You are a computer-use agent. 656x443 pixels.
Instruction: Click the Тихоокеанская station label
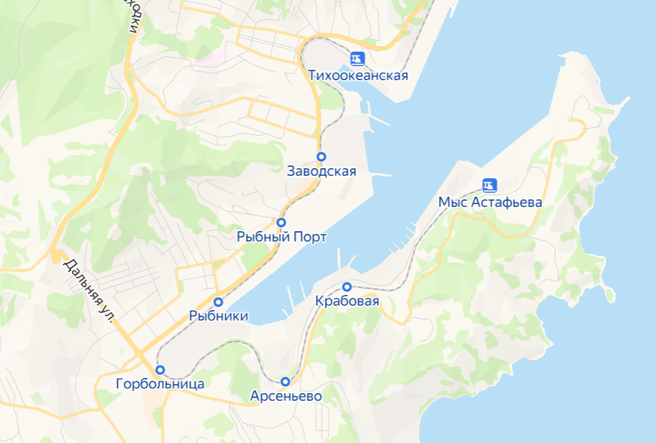pos(358,75)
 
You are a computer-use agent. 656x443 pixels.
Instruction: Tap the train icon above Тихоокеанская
pos(357,59)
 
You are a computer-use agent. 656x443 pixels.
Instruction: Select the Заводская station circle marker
pos(321,156)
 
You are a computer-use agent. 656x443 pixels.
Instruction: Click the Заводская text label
pos(321,172)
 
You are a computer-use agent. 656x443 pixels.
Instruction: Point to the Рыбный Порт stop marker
pos(281,222)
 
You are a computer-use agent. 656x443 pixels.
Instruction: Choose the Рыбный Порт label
pos(281,237)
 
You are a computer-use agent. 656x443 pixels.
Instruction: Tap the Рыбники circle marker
pos(218,302)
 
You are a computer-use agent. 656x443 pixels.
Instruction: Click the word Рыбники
pos(218,316)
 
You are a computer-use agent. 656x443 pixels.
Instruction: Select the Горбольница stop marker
pos(160,370)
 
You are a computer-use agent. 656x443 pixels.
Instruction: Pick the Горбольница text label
pos(160,384)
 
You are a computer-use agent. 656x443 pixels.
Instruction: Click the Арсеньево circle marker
pos(285,381)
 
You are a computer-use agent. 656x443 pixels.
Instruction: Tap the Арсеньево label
pos(285,397)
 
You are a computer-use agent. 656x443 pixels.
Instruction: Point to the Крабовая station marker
pos(347,287)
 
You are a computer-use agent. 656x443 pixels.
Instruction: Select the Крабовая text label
pos(347,301)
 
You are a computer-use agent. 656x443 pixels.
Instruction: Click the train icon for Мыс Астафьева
pos(489,186)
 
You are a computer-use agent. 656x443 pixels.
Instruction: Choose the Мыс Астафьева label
pos(490,202)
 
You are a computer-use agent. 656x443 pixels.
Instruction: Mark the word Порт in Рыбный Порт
pos(310,237)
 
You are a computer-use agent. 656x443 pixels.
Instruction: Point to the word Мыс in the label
pos(452,202)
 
